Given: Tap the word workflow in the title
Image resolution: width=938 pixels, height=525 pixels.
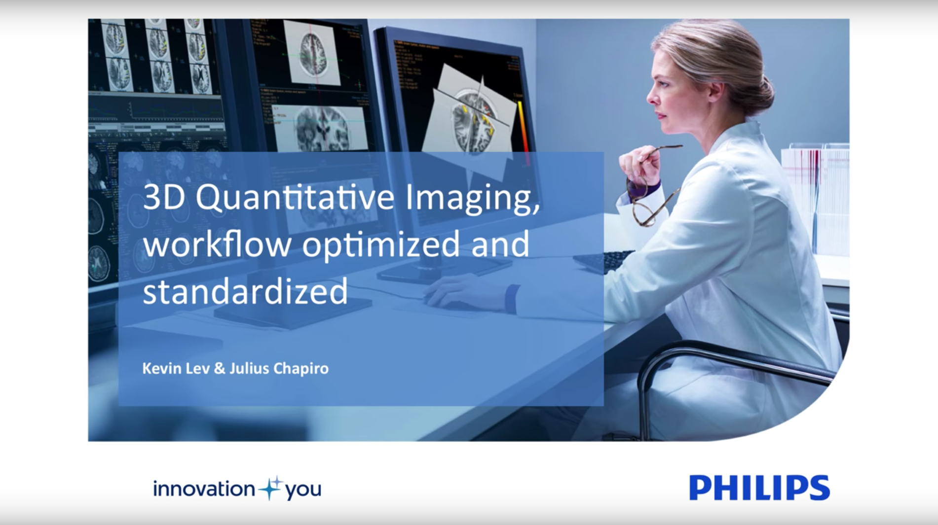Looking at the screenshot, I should pos(217,245).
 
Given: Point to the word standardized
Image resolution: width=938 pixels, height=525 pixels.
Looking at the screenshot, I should pos(245,291).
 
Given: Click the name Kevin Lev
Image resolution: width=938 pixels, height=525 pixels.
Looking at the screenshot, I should pos(176,368).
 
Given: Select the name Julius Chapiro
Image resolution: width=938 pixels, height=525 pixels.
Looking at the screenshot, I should pos(279,368).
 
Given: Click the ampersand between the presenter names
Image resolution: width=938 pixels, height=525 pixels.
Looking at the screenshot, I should pos(219,368).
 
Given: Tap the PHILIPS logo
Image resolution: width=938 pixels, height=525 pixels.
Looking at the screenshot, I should pos(759,488).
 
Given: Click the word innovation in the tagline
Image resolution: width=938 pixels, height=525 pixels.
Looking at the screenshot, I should pos(204,489).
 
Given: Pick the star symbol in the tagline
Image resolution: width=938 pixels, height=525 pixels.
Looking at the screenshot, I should pos(270,488).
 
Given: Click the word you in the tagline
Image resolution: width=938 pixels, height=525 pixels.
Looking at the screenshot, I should pos(303,490).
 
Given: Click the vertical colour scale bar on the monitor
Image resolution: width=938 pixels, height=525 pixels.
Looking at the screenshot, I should pos(522,123).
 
